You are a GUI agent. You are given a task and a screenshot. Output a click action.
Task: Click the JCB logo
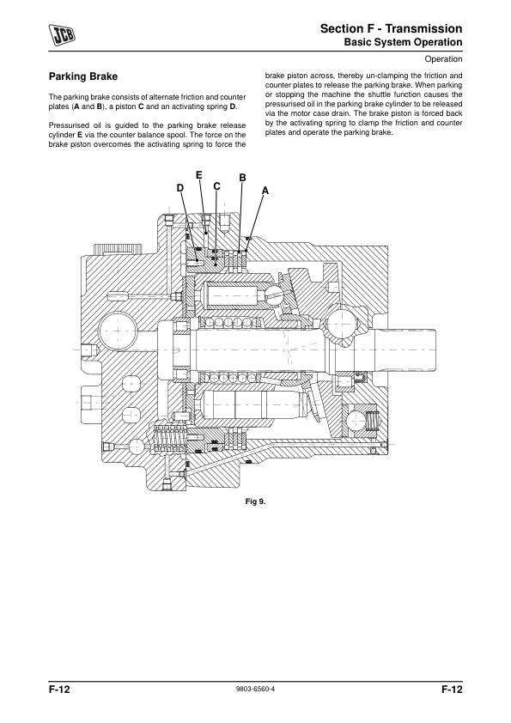point(62,36)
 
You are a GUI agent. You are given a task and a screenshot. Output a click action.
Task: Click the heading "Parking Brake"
point(83,76)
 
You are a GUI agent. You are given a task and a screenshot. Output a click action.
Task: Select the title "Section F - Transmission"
point(391,28)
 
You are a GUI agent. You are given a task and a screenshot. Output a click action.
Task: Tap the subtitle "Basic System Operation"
point(403,42)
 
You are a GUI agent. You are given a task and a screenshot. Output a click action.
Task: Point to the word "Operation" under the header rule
point(443,59)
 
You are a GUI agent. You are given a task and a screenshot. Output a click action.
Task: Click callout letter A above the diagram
point(265,191)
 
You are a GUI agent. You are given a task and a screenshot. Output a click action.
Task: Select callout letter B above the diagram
point(242,178)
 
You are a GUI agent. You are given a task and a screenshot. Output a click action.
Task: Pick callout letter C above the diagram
point(216,186)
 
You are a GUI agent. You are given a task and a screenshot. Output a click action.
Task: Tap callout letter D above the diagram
point(179,188)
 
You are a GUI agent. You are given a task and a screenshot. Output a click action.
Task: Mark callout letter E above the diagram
point(199,175)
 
